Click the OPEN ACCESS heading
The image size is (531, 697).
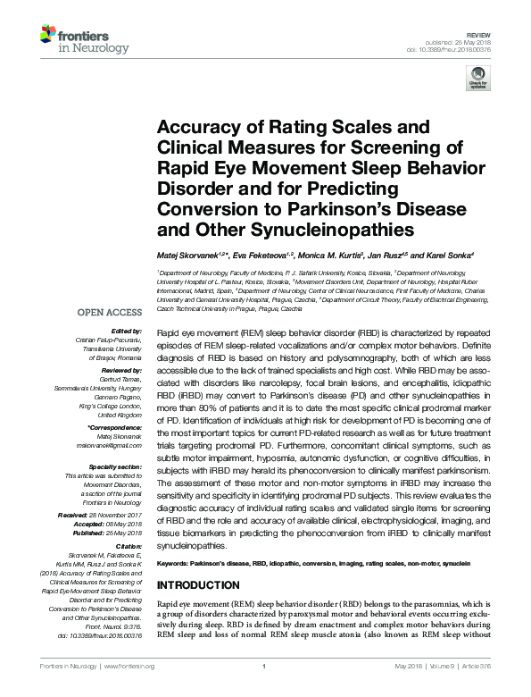(x=110, y=313)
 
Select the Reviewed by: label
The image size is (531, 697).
(x=120, y=369)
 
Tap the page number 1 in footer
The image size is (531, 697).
(x=265, y=667)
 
